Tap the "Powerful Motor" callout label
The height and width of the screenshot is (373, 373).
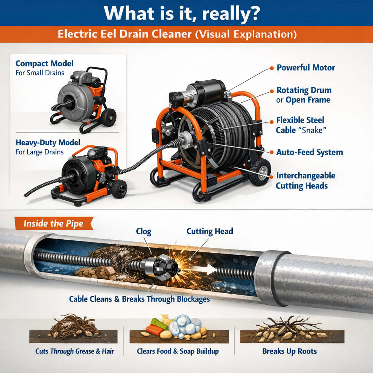coord(305,68)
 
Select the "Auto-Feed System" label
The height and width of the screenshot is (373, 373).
coord(309,152)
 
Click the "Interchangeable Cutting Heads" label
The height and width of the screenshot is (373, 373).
coord(305,181)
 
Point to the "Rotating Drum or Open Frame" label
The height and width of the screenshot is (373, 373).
coord(303,95)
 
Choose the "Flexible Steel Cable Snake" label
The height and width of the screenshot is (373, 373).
coord(300,125)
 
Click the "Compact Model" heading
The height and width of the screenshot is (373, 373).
coord(44,64)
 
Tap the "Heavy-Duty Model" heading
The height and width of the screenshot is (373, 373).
coord(48,142)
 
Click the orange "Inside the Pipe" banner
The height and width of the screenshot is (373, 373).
coord(54,223)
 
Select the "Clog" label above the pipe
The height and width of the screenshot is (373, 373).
coord(144,231)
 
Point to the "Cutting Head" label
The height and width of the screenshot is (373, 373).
coord(209,231)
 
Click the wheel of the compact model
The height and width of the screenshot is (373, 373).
coord(109,117)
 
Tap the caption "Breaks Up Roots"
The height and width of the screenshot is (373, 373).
coord(289,352)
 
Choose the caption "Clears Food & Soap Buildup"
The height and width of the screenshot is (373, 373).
coord(178,352)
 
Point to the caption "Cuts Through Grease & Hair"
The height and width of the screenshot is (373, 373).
coord(75,352)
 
